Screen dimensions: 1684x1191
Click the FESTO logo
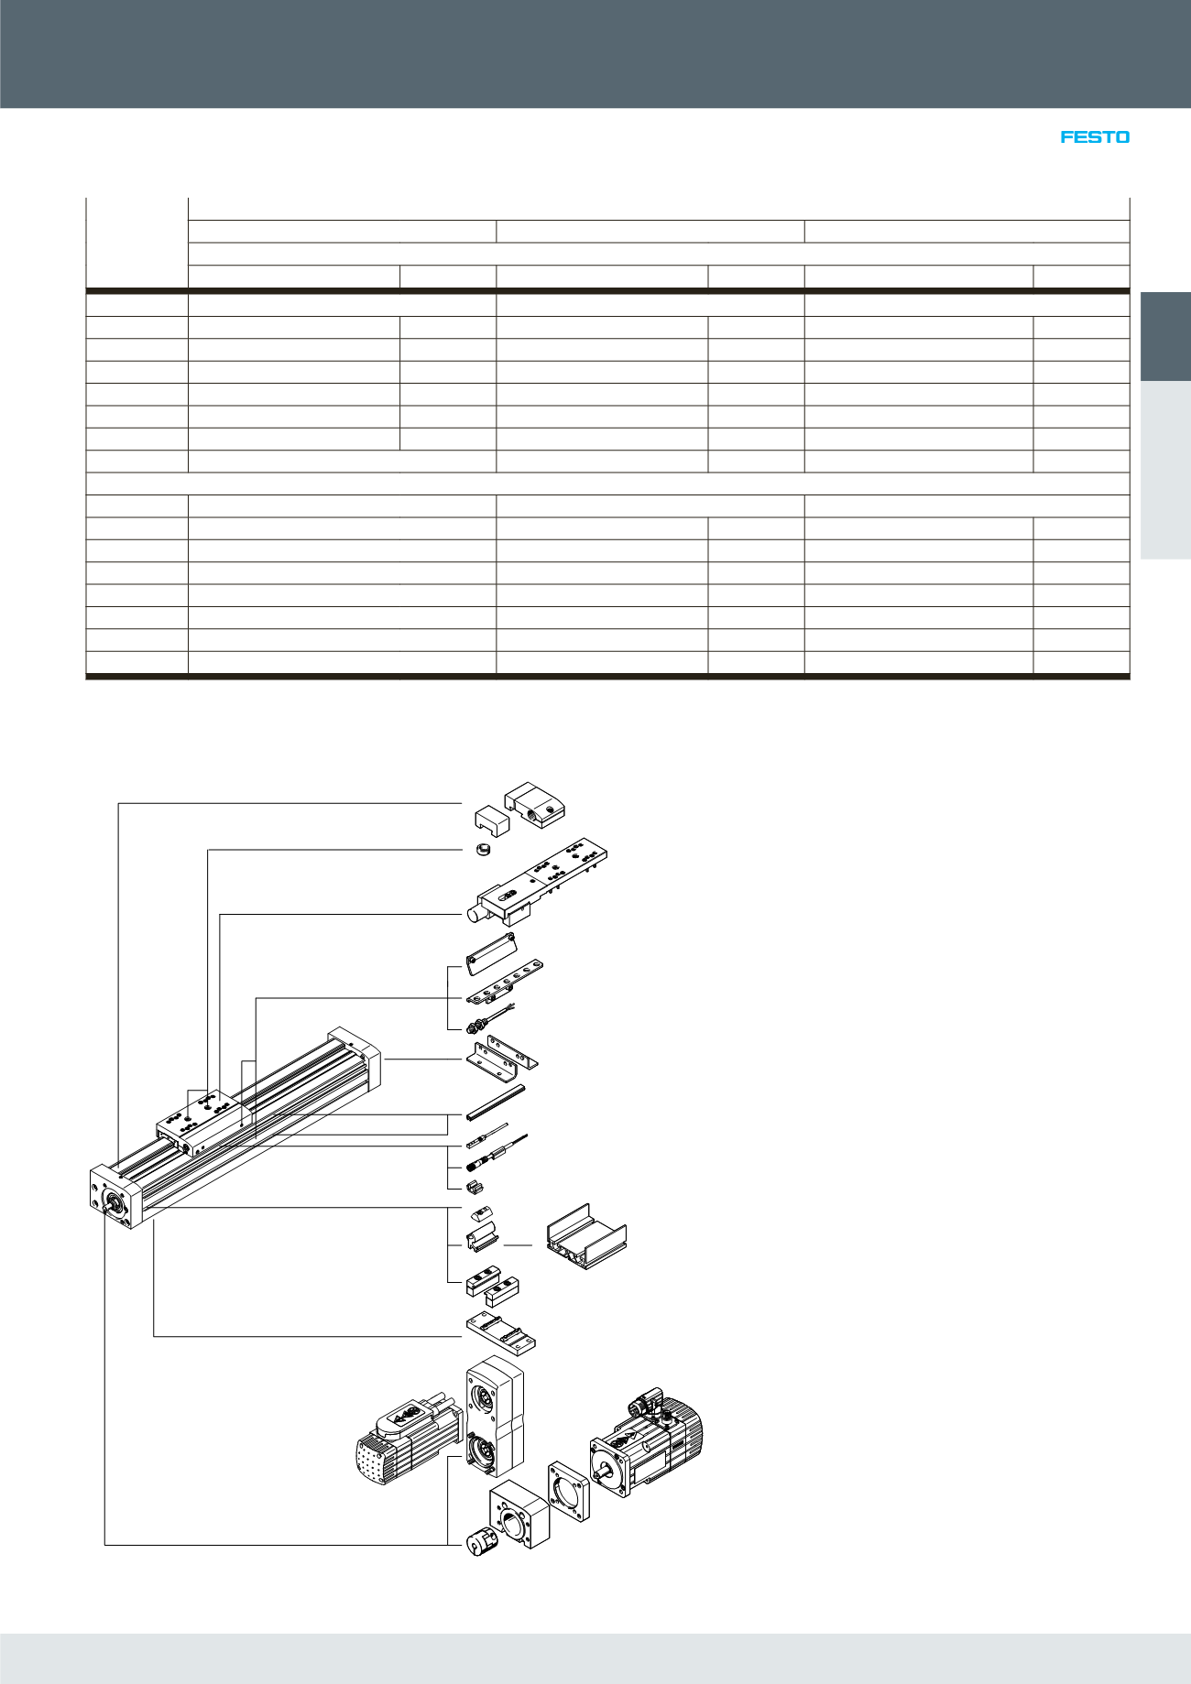[1095, 137]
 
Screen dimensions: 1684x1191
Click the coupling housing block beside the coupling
[519, 1514]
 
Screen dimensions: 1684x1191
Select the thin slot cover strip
[496, 1102]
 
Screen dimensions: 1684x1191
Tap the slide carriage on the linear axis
[202, 1124]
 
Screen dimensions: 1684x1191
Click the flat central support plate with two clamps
[500, 1331]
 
